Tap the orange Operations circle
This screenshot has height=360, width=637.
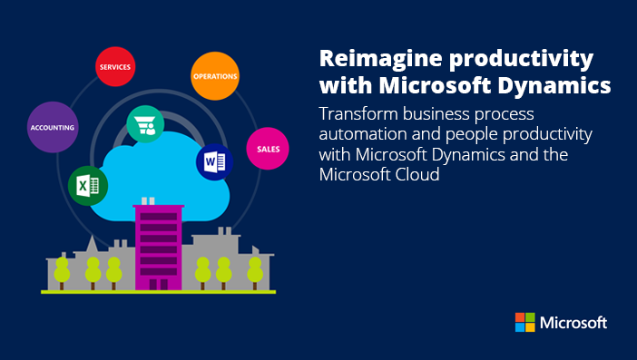pyautogui.click(x=215, y=76)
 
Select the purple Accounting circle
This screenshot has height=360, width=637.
pyautogui.click(x=53, y=128)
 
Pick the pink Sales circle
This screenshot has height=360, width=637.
pyautogui.click(x=268, y=148)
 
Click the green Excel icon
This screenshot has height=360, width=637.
pyautogui.click(x=88, y=187)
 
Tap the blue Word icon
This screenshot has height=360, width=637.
pyautogui.click(x=214, y=162)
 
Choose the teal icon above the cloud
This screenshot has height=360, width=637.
pyautogui.click(x=144, y=123)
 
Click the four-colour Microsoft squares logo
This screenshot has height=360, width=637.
pyautogui.click(x=524, y=322)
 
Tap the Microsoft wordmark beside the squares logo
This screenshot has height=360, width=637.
pyautogui.click(x=573, y=322)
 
